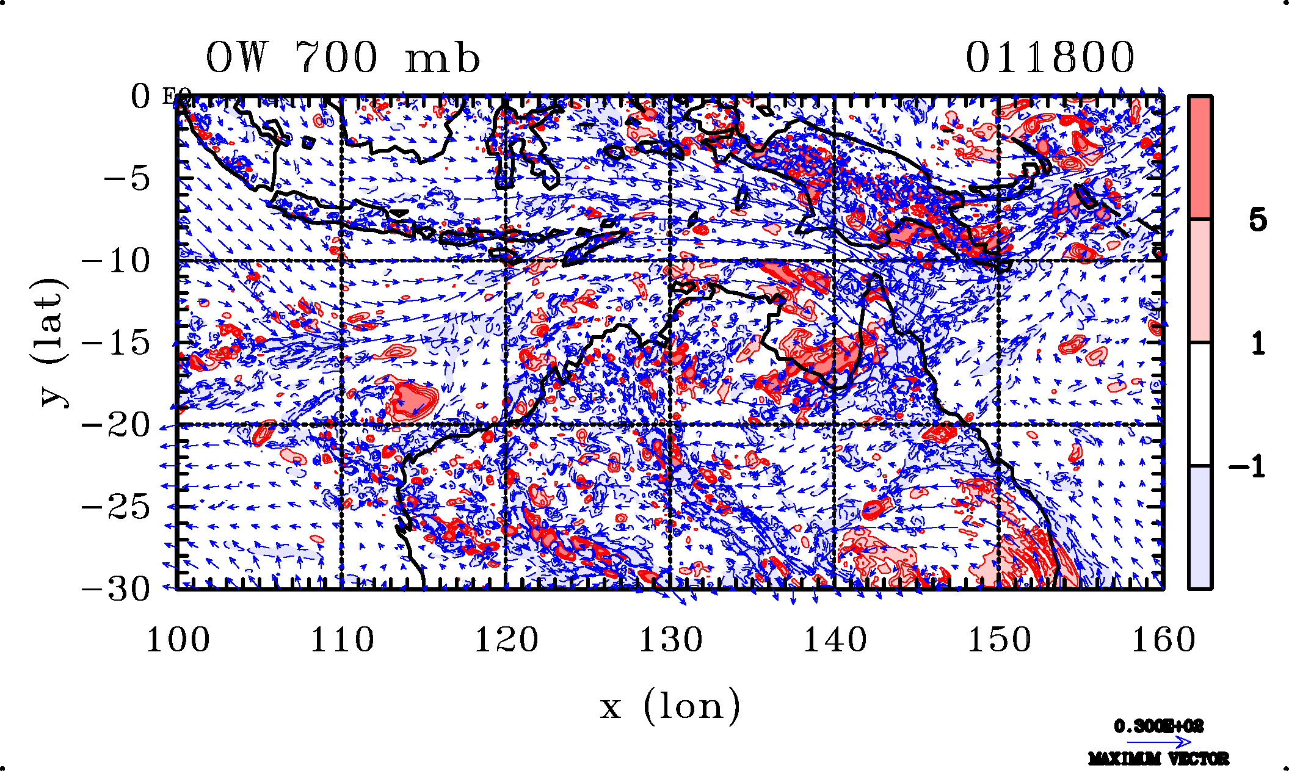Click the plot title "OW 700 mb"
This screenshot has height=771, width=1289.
pyautogui.click(x=343, y=58)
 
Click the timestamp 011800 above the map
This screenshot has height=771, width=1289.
pyautogui.click(x=1050, y=58)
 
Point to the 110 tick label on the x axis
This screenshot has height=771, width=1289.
pyautogui.click(x=342, y=640)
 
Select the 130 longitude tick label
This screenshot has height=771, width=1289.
pyautogui.click(x=670, y=640)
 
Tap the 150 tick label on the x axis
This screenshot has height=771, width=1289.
pyautogui.click(x=999, y=640)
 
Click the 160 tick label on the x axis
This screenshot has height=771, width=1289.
pyautogui.click(x=1163, y=640)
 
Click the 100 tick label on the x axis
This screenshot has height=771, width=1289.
pyautogui.click(x=178, y=640)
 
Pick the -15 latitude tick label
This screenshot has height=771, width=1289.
pyautogui.click(x=116, y=343)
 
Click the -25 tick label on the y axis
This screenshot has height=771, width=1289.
pyautogui.click(x=116, y=507)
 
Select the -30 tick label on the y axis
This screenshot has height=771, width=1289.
pyautogui.click(x=116, y=590)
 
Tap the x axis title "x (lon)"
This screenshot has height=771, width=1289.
pyautogui.click(x=670, y=706)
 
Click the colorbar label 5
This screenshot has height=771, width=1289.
pyautogui.click(x=1257, y=220)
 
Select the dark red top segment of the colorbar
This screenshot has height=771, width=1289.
pyautogui.click(x=1200, y=157)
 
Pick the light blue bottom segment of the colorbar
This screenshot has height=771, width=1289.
pyautogui.click(x=1200, y=527)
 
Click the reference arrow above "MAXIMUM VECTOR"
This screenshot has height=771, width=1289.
pyautogui.click(x=1158, y=742)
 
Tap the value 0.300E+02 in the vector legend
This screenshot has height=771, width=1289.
pyautogui.click(x=1158, y=726)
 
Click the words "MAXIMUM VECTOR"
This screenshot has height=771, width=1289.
pyautogui.click(x=1158, y=759)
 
